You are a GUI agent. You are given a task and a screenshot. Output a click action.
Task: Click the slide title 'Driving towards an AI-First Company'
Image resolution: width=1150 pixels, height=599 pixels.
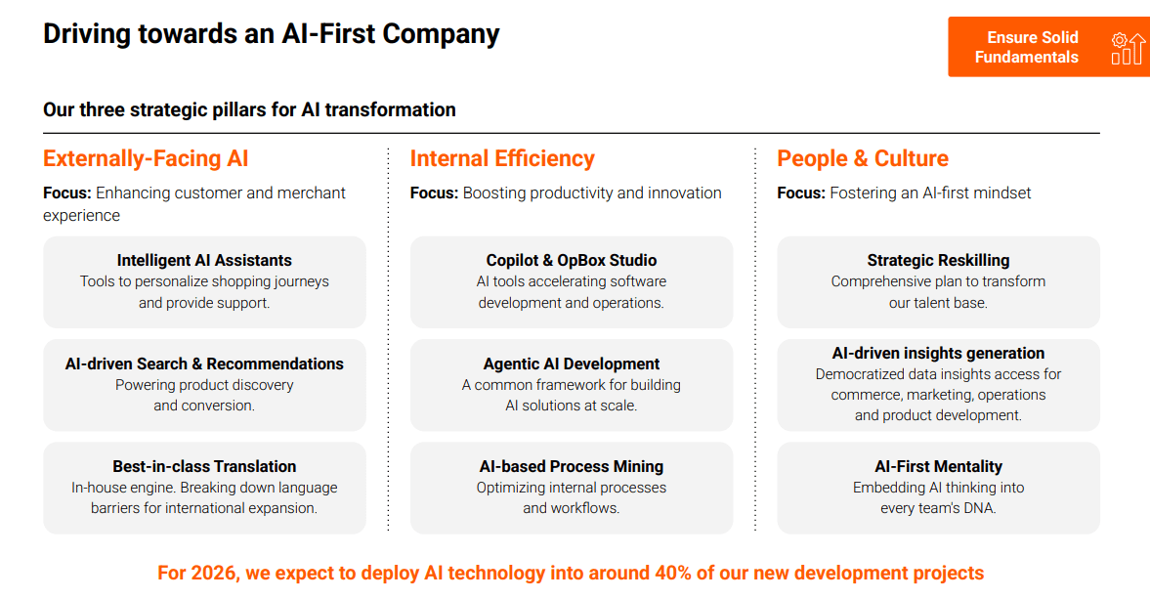point(272,34)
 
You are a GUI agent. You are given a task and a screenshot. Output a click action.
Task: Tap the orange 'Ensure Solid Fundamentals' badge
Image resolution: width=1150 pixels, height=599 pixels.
point(1048,47)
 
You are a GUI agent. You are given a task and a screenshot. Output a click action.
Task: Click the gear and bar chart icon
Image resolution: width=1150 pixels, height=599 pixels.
point(1128,49)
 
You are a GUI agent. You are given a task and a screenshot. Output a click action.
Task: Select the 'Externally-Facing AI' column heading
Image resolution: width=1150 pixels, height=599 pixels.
point(146,158)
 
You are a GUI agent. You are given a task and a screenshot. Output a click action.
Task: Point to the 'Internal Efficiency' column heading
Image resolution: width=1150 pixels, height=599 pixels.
point(502,158)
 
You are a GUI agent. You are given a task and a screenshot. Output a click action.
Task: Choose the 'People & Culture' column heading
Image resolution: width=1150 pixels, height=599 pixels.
point(863,158)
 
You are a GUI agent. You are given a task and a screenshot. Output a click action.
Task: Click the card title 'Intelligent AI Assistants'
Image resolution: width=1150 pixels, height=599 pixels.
point(204,260)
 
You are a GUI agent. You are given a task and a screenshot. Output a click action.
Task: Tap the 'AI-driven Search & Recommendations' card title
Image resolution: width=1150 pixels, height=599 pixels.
point(204,364)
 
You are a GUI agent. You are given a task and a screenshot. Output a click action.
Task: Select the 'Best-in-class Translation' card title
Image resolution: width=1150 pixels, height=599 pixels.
point(204,466)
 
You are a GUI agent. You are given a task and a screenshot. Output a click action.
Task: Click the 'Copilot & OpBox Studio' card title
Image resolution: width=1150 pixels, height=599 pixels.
point(572,260)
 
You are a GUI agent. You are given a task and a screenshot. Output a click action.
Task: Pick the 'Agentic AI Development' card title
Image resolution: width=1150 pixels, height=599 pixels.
point(572,364)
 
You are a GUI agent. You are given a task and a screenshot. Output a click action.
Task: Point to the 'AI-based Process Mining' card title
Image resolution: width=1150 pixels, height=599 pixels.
point(572,466)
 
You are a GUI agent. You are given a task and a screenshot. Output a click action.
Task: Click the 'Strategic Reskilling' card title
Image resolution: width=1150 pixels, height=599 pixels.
point(938,260)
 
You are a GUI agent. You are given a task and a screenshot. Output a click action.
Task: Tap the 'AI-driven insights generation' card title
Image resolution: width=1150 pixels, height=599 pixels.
point(938,353)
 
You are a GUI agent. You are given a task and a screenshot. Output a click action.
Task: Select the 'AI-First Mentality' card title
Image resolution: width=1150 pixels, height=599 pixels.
point(938,466)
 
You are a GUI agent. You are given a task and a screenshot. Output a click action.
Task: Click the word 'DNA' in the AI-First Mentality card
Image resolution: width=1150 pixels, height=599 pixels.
point(981,508)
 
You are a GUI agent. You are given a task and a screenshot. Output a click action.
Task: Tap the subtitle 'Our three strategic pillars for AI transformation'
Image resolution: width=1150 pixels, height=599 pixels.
point(249,110)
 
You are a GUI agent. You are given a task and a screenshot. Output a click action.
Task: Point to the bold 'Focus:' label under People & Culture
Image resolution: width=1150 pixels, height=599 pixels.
point(801,193)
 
